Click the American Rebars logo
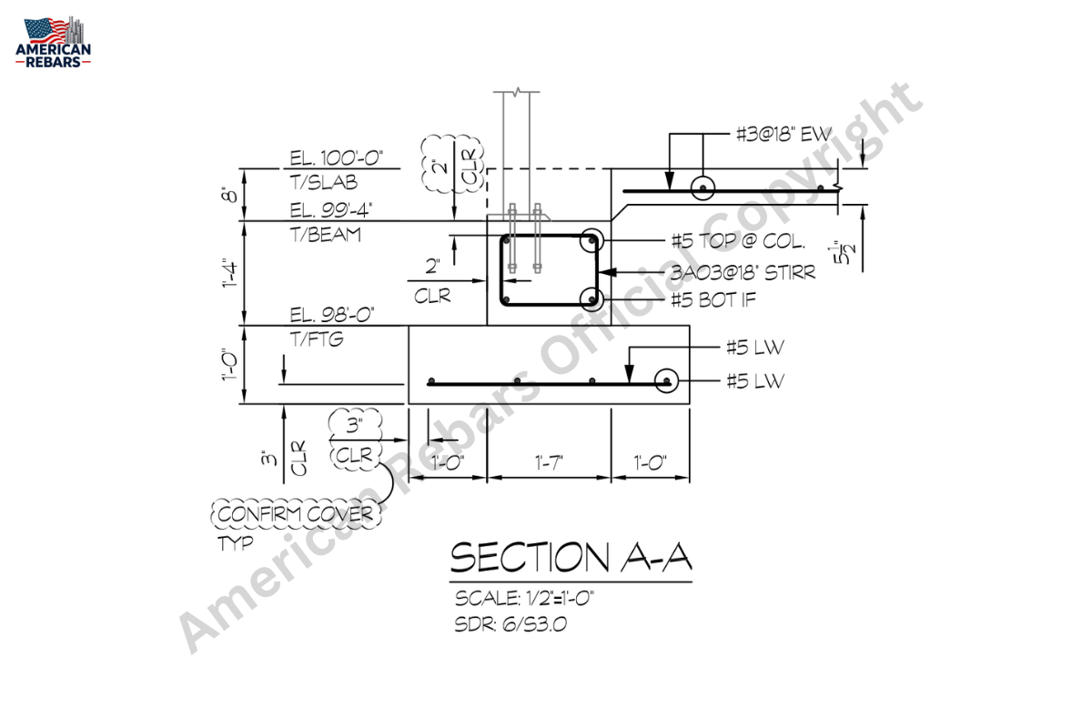[53, 42]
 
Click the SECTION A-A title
[571, 557]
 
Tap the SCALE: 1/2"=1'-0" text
[524, 598]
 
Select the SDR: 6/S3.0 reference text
[511, 624]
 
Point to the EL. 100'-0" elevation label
[337, 158]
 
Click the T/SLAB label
[324, 182]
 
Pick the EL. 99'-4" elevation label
[331, 210]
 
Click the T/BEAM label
[326, 235]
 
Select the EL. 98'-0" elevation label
[332, 315]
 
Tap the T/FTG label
[317, 339]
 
